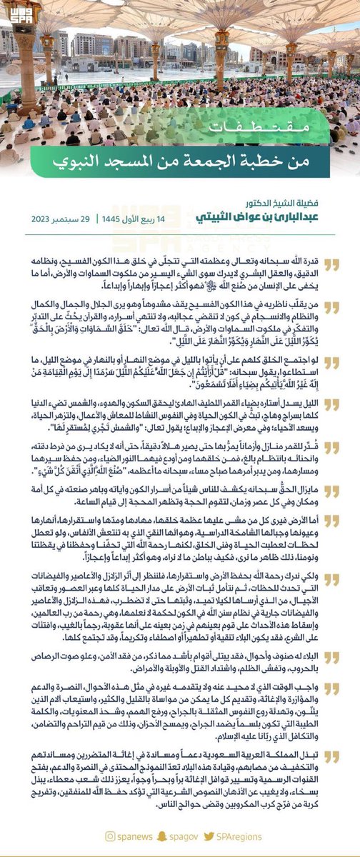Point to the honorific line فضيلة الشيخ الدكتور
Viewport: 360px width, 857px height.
(x=299, y=203)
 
